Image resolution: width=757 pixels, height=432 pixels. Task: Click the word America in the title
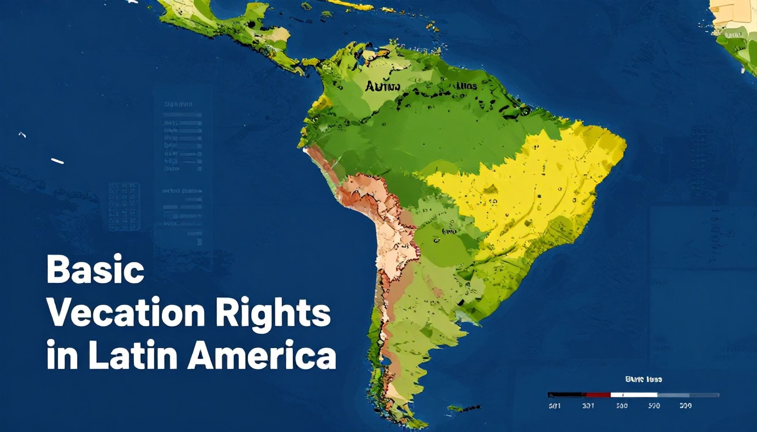pyautogui.click(x=262, y=357)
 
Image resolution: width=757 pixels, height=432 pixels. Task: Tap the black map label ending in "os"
pyautogui.click(x=467, y=86)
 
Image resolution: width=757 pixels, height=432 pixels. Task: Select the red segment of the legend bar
pyautogui.click(x=598, y=395)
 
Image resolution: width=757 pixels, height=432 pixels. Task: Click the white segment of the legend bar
pyautogui.click(x=634, y=395)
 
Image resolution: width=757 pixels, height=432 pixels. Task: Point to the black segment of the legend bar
pyautogui.click(x=566, y=395)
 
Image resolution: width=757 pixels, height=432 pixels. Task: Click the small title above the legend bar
pyautogui.click(x=643, y=379)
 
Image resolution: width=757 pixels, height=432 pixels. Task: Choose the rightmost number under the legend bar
pyautogui.click(x=685, y=406)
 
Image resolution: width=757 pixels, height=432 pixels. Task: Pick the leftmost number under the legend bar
pyautogui.click(x=554, y=406)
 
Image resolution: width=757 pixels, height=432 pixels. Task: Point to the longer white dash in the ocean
pyautogui.click(x=57, y=161)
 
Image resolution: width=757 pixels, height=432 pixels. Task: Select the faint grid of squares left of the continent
pyautogui.click(x=124, y=207)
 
